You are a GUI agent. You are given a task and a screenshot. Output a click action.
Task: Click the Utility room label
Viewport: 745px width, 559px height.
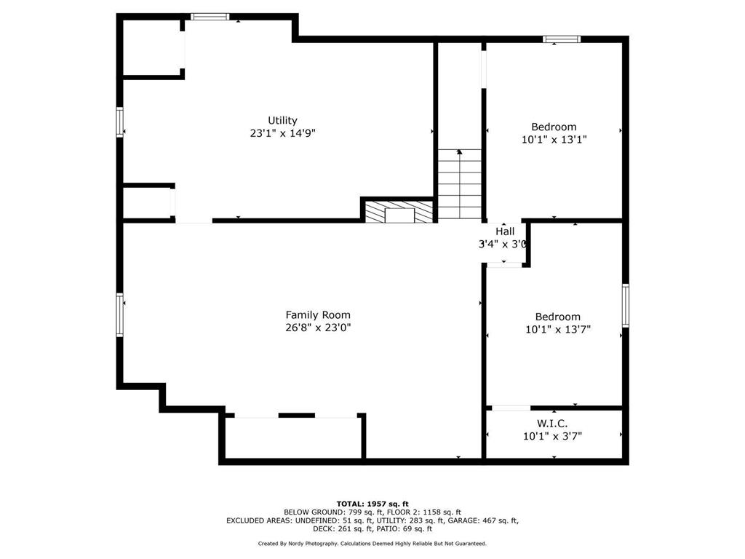[x=282, y=121]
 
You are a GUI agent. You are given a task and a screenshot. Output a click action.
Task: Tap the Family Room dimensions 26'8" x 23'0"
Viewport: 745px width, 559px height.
[x=318, y=328]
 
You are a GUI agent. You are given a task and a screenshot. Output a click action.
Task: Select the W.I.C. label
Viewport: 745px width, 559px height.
[x=552, y=424]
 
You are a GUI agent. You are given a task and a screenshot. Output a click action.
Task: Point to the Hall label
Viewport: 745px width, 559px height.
[x=505, y=231]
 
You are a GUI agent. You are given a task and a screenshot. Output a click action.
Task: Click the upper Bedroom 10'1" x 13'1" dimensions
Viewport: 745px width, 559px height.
[x=554, y=140]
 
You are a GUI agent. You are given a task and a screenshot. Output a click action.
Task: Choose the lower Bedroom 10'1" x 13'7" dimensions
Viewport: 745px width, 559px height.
[x=558, y=330]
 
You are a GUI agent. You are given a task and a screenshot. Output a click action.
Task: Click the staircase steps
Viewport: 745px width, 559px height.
[x=460, y=184]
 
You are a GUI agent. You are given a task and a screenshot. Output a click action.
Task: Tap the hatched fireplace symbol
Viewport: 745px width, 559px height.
[x=399, y=212]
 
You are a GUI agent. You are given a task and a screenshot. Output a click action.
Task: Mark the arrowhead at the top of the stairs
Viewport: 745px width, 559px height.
[x=460, y=152]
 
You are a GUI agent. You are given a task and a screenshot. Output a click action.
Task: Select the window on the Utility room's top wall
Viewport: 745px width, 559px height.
[x=210, y=17]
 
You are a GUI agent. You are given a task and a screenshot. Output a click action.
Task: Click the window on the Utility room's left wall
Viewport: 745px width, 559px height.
[x=120, y=122]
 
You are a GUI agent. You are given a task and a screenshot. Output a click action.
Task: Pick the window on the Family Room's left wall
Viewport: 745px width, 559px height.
[x=120, y=315]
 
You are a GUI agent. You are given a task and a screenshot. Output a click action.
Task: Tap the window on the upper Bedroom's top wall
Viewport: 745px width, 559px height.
[x=562, y=39]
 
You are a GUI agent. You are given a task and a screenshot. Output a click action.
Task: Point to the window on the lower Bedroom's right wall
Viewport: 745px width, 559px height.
[x=626, y=306]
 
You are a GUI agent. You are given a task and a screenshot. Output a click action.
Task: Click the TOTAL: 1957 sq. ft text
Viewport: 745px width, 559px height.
[x=372, y=504]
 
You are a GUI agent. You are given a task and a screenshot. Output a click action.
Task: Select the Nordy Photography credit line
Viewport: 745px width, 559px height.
[x=372, y=543]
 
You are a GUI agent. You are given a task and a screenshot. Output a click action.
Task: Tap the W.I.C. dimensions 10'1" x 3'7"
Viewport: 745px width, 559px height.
[x=553, y=437]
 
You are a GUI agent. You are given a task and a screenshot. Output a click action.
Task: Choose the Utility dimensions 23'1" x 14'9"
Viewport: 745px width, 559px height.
[x=283, y=134]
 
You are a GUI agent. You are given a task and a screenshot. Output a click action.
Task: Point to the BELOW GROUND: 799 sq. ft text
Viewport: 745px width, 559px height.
[x=333, y=512]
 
